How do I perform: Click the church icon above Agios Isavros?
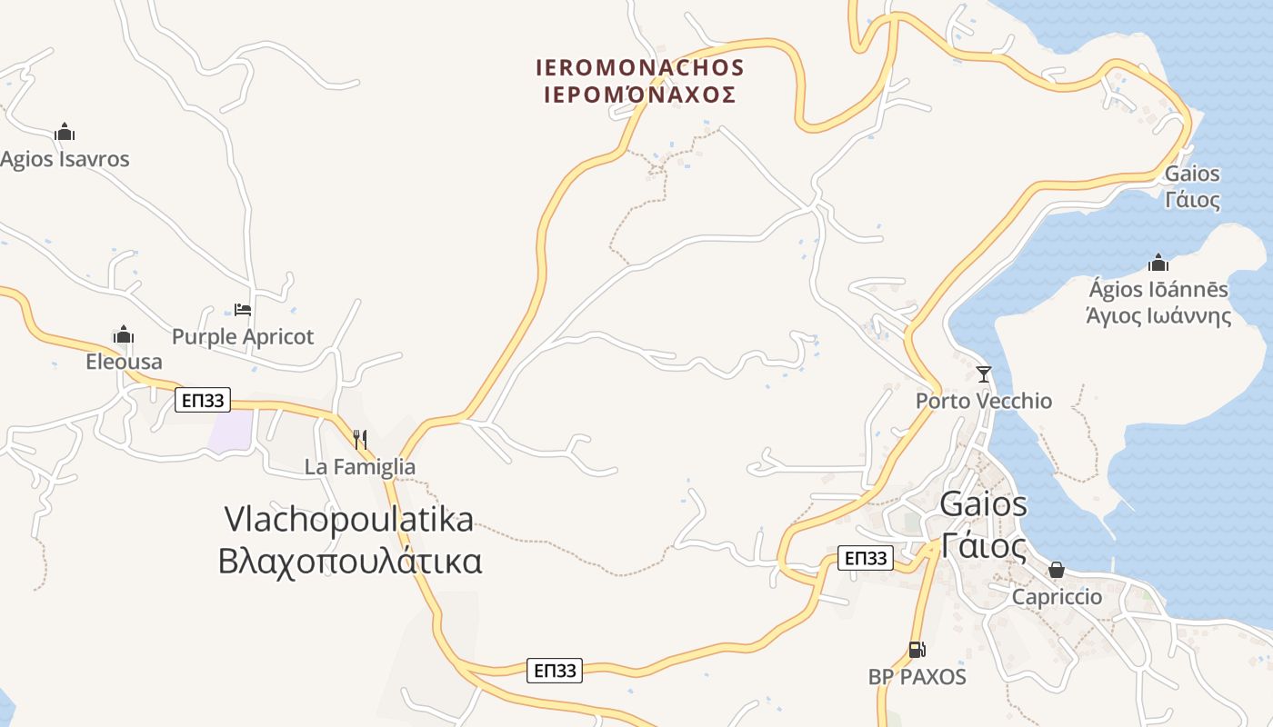65,133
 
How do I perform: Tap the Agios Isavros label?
65,159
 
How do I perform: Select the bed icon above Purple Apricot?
243,310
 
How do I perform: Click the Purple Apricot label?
243,336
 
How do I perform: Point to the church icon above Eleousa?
124,335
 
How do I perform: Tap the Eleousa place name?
124,362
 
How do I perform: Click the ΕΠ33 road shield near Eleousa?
203,399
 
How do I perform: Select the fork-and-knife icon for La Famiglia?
360,440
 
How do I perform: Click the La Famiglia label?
360,467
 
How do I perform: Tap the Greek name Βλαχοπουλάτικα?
350,561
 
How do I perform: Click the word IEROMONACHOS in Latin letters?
640,68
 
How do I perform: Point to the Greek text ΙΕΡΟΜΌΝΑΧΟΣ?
640,95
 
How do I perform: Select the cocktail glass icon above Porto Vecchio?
983,374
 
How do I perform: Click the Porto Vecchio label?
984,401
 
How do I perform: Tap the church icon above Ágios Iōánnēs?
1158,264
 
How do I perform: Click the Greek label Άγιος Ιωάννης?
1159,316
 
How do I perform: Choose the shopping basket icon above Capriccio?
1057,571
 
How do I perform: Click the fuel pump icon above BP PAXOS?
917,650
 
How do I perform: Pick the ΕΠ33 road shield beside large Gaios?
865,558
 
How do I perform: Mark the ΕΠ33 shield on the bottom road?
555,671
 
